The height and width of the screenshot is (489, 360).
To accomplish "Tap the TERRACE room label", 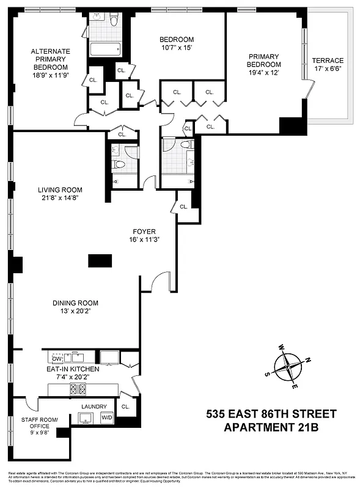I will tap(328, 61).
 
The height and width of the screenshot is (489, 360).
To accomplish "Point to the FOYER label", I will tap(145, 232).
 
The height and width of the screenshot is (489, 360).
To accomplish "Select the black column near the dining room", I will tap(100, 261).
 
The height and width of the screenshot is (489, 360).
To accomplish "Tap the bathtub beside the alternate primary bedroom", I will tap(106, 50).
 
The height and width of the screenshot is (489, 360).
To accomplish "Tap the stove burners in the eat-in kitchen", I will tap(77, 388).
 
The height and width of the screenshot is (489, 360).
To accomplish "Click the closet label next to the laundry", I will tap(125, 406).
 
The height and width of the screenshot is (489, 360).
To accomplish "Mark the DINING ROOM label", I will tap(75, 303).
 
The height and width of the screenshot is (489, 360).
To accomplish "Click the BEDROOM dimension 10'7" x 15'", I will tap(177, 48).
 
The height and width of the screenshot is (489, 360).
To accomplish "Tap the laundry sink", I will tap(87, 417).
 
